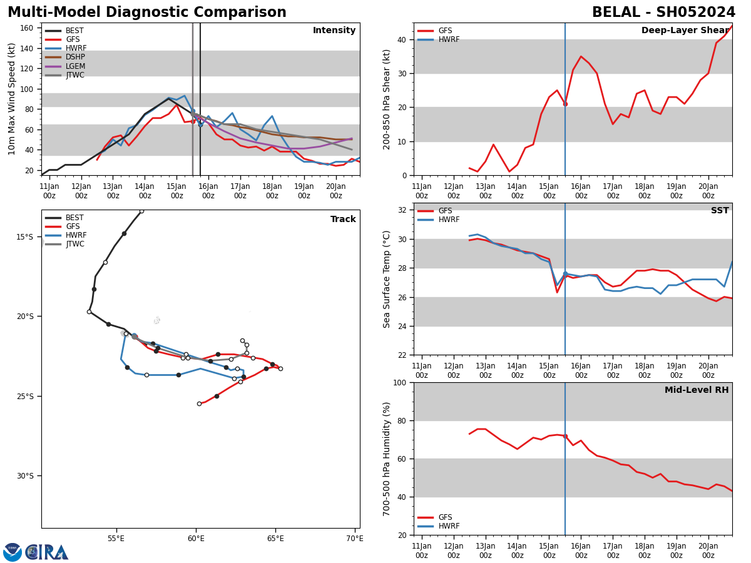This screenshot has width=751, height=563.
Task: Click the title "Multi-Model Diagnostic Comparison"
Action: pos(147,13)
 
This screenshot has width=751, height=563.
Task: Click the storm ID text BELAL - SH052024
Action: pos(663,13)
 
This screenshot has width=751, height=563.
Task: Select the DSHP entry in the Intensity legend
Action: pos(75,57)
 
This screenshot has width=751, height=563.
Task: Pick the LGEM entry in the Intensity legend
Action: pos(75,66)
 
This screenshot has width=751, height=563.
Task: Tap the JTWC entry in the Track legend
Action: pos(75,244)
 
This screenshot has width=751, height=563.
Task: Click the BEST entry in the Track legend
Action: pos(75,218)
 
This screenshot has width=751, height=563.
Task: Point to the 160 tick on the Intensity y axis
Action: pos(27,28)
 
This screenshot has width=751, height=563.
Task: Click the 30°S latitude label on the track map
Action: pos(24,476)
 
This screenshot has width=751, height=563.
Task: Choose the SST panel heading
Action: pos(720,211)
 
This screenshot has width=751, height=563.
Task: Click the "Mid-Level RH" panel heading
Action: pos(697,390)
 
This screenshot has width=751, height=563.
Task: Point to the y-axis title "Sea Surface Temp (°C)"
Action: pos(387,279)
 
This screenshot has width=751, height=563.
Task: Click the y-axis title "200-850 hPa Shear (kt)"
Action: pos(387,99)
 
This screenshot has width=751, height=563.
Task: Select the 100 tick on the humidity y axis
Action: pos(399,382)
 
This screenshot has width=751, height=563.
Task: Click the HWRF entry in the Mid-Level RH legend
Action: pos(449,526)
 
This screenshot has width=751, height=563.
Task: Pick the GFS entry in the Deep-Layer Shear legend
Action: pos(445,31)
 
